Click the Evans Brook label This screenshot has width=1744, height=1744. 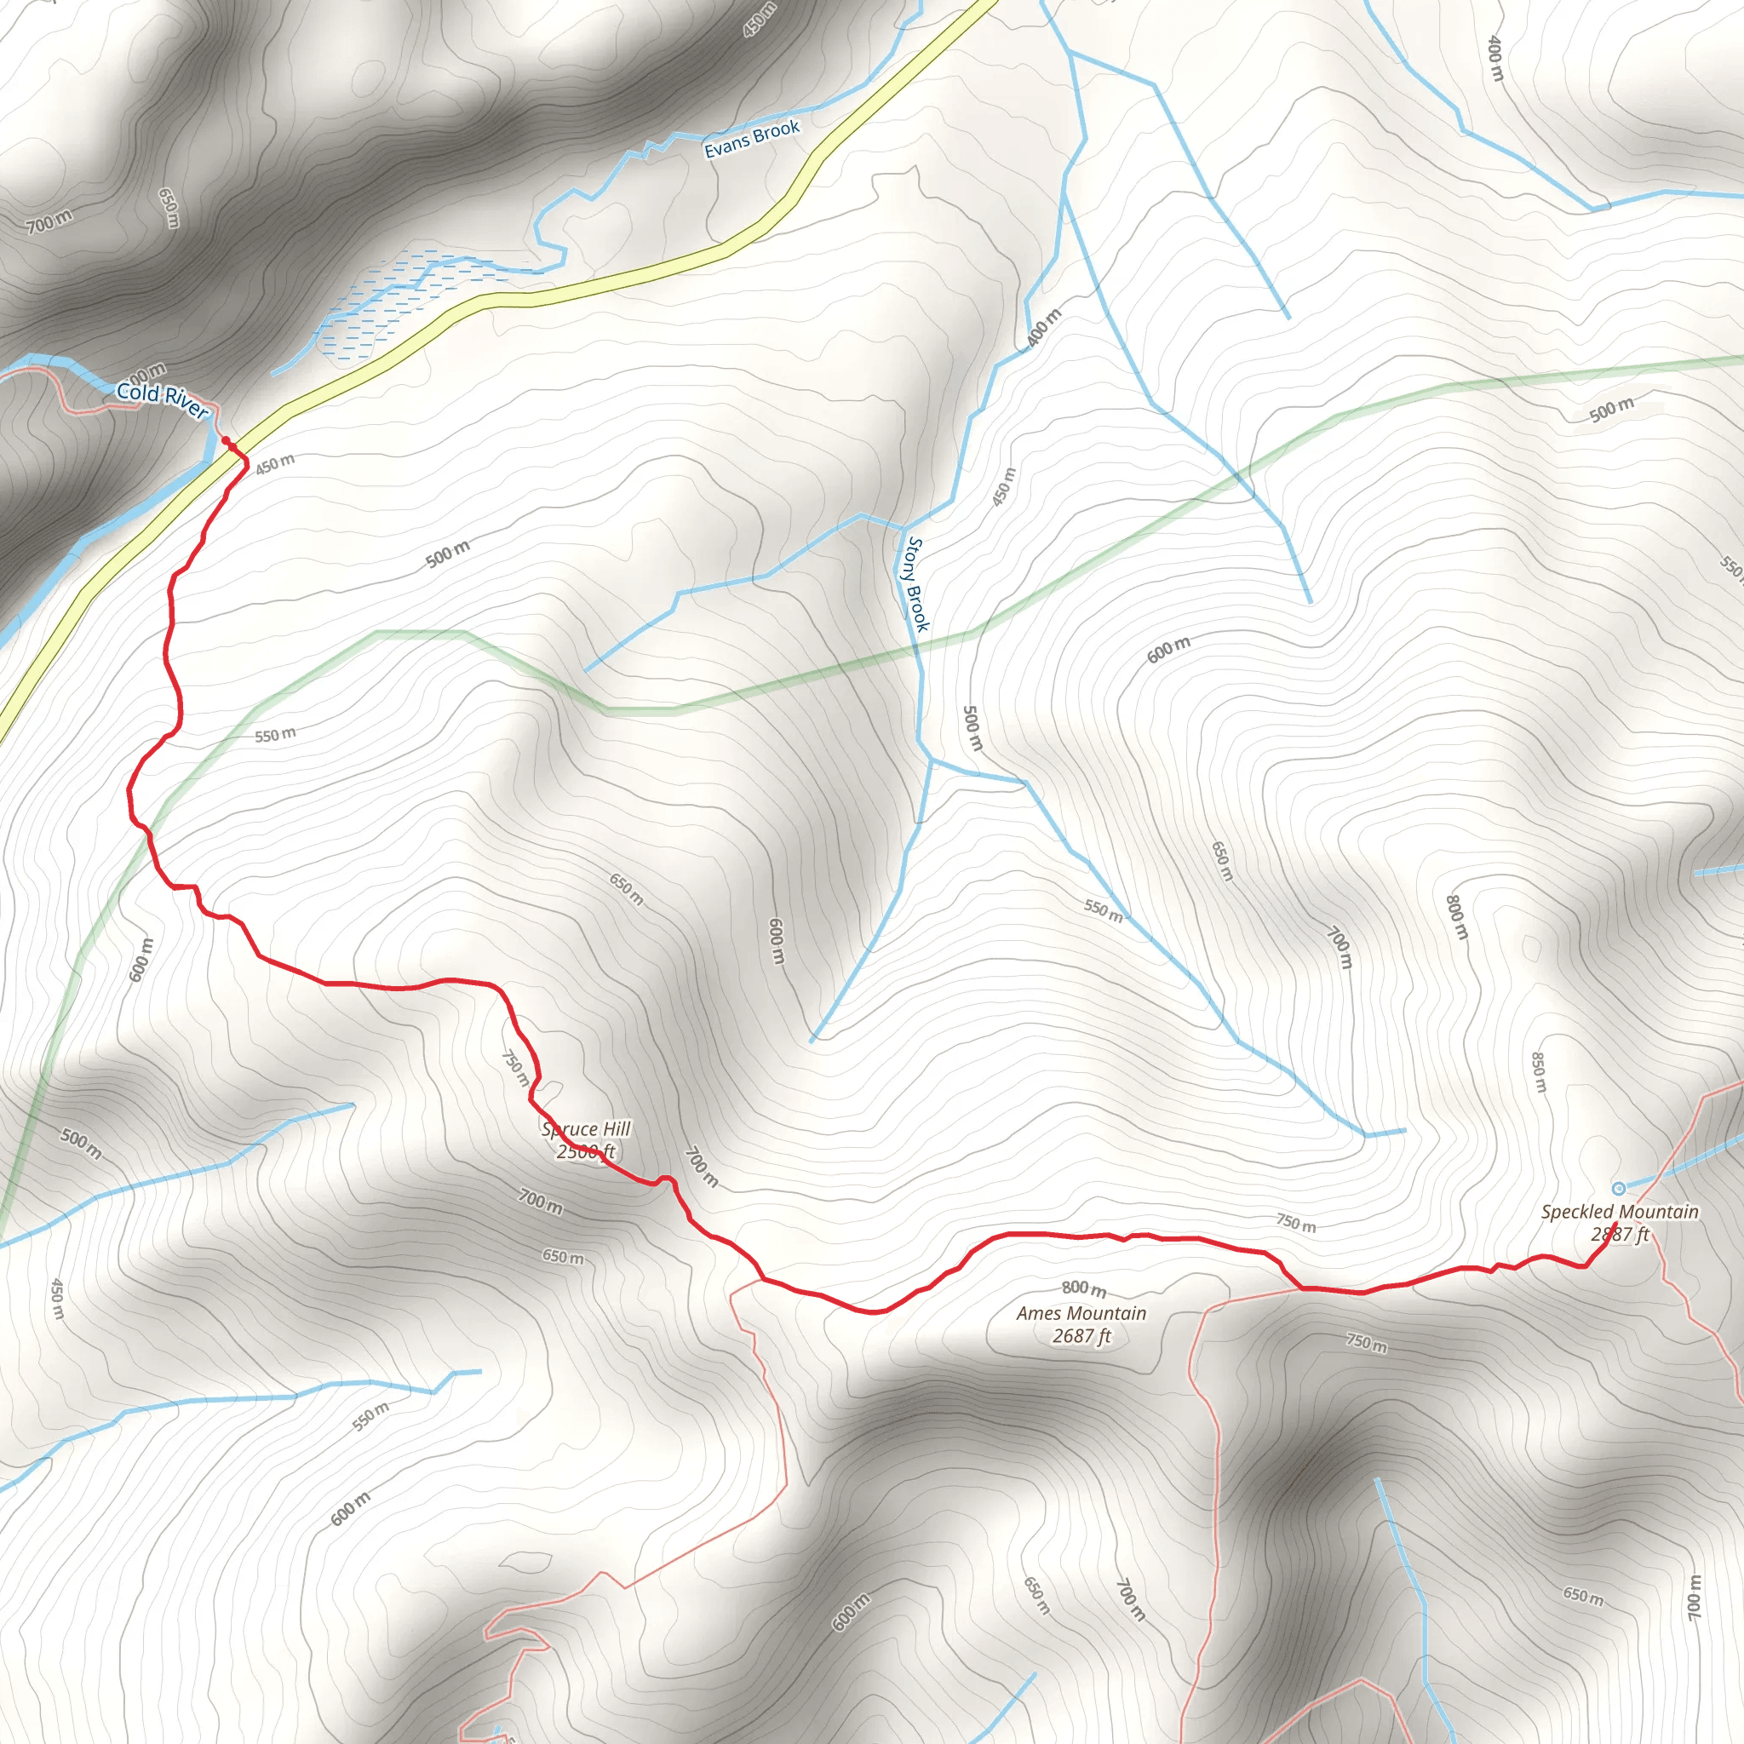(x=751, y=138)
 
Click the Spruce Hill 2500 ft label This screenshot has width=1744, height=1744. (x=586, y=1139)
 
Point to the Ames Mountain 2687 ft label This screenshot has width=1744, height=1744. (x=1081, y=1324)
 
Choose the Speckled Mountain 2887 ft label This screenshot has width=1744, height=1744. (x=1620, y=1222)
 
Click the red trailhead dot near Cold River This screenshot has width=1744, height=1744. (x=227, y=440)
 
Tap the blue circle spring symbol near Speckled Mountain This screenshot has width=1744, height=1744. (x=1619, y=1188)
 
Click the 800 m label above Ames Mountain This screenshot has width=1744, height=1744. (x=1083, y=1288)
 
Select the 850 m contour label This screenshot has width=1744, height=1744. (x=1539, y=1071)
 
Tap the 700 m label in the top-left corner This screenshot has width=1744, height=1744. (x=49, y=221)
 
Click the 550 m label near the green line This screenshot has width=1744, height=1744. (x=274, y=735)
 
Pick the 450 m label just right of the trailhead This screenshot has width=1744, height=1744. (x=274, y=464)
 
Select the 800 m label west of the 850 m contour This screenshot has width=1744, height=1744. (x=1457, y=917)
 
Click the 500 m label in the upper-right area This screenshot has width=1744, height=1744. (x=1611, y=409)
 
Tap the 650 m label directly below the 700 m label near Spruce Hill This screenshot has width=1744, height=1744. (x=562, y=1256)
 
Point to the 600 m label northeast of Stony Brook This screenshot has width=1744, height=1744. (x=1168, y=649)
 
